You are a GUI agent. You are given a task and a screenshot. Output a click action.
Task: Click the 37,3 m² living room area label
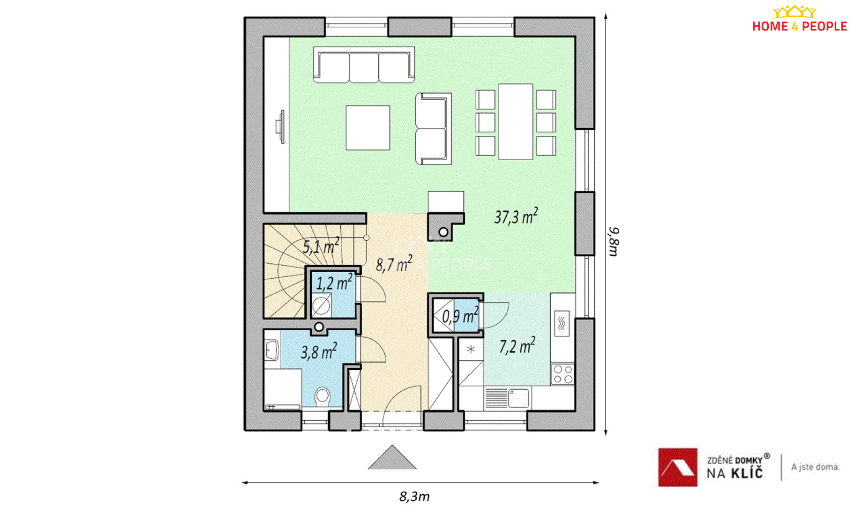[x=516, y=216]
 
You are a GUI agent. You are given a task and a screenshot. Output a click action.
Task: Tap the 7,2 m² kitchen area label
[x=517, y=346]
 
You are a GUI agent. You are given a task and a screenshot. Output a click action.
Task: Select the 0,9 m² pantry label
[x=460, y=315]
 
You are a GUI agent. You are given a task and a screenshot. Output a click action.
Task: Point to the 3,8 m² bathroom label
[x=319, y=351]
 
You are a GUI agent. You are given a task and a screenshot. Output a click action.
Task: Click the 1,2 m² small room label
[x=334, y=283]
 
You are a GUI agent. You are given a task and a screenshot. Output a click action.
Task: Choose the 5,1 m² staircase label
[x=321, y=246]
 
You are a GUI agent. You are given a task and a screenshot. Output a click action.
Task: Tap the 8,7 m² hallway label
[x=394, y=264]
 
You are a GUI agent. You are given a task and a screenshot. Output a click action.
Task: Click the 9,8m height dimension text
[x=614, y=242]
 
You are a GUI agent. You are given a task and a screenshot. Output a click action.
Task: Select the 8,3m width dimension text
[x=414, y=496]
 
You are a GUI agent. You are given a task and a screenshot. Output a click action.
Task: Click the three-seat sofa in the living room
[x=364, y=65]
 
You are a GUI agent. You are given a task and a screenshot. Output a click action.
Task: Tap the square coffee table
[x=368, y=128]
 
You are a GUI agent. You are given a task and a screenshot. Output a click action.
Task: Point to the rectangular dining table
[x=516, y=122]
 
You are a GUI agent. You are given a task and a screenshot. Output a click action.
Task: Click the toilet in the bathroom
[x=322, y=396]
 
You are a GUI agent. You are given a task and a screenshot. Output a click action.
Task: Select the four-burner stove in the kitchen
[x=562, y=374]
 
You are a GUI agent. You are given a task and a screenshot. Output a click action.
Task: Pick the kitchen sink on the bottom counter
[x=518, y=398]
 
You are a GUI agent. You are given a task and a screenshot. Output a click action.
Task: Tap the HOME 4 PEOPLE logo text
[x=800, y=26]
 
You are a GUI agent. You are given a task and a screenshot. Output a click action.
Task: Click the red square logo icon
[x=677, y=467]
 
